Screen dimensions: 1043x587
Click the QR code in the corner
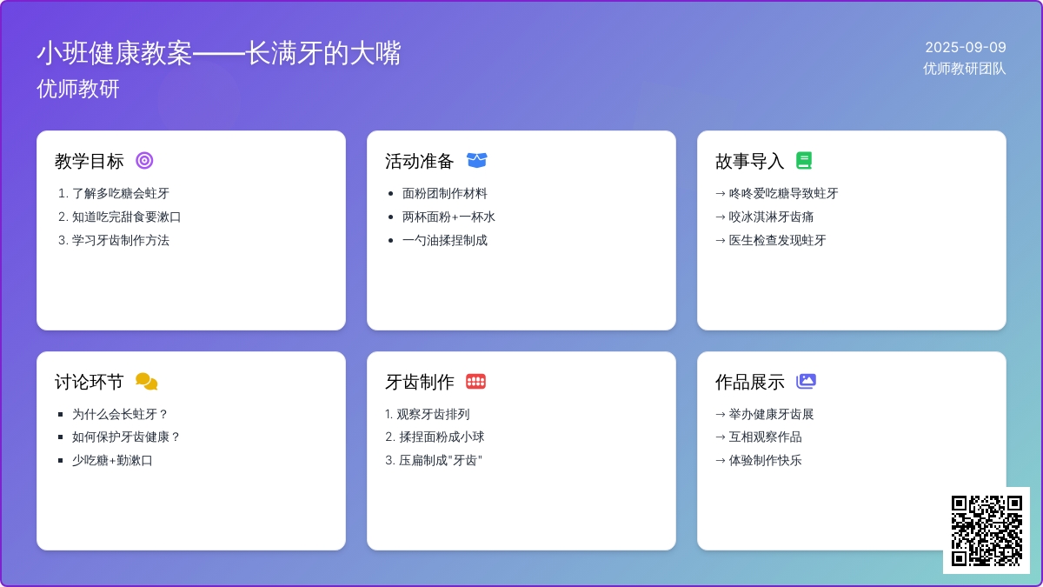pos(987,530)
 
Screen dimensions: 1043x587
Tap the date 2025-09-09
pos(966,47)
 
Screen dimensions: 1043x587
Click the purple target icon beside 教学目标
pos(144,160)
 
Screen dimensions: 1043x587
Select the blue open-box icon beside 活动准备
pos(477,160)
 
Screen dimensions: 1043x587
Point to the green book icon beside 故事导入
pos(804,160)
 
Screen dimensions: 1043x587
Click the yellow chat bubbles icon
pos(147,382)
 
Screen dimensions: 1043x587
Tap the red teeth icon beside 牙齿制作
pos(476,382)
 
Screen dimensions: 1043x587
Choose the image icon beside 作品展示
pos(806,381)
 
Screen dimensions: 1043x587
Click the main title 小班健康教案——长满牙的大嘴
pos(219,53)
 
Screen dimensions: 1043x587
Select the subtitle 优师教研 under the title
pos(78,89)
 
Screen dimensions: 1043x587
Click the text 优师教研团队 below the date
pos(964,69)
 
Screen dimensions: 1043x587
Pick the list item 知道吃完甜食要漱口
pos(126,217)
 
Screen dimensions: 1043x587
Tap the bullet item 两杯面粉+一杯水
pos(448,217)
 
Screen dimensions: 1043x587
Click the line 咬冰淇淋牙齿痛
pos(771,217)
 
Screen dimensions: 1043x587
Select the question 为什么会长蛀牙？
pos(120,414)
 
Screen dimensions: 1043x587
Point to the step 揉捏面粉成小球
pos(442,437)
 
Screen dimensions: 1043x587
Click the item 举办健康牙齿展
pos(771,414)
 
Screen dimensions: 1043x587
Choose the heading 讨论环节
pos(89,382)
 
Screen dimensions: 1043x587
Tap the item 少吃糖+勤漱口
pos(112,460)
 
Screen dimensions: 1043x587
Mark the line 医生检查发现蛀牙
pos(777,240)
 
